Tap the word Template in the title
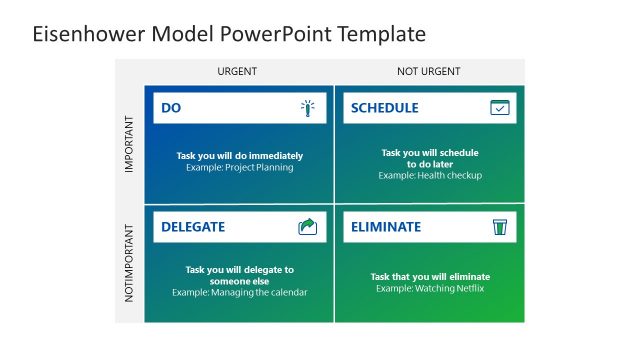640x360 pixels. point(378,34)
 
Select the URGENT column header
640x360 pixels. point(237,71)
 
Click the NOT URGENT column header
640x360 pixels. point(427,71)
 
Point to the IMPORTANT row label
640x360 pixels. point(129,144)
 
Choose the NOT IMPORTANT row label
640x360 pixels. point(129,265)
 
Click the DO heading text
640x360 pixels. point(171,108)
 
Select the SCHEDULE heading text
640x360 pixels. point(385,108)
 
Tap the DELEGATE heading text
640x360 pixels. point(193,227)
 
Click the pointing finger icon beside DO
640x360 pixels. point(308,108)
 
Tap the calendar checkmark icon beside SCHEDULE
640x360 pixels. point(499,108)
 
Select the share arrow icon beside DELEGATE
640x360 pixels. point(308,227)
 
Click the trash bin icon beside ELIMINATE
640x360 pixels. point(499,227)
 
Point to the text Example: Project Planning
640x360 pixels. point(240,168)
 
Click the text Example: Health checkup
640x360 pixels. point(430,176)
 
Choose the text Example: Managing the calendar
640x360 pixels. point(240,293)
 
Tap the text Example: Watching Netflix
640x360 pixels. point(430,289)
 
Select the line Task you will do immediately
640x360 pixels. point(240,156)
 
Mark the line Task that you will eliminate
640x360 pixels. point(430,277)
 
